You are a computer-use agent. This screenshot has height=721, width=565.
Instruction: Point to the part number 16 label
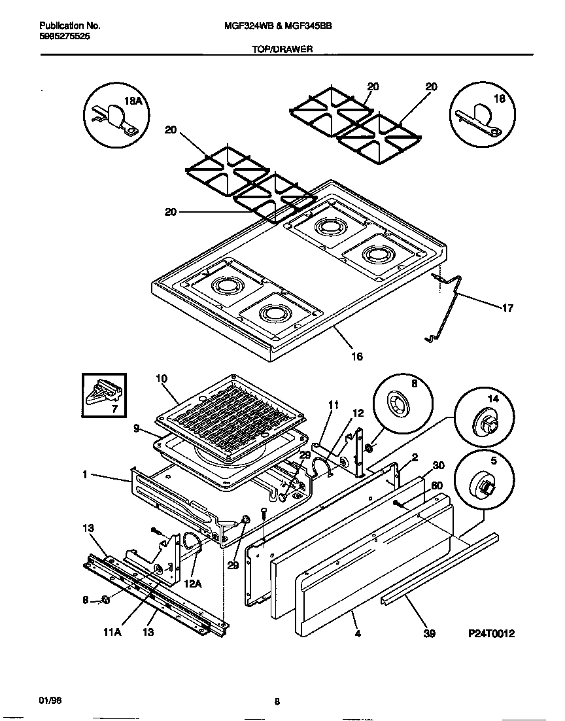[356, 357]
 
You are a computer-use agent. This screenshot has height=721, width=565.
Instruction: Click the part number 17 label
[507, 308]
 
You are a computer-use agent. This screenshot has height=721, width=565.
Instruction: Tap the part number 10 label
[162, 378]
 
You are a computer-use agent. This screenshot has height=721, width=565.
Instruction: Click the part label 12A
[193, 579]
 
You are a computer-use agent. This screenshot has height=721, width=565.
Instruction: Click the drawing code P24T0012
[492, 634]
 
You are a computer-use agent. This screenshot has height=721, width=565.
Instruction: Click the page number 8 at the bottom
[277, 702]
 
